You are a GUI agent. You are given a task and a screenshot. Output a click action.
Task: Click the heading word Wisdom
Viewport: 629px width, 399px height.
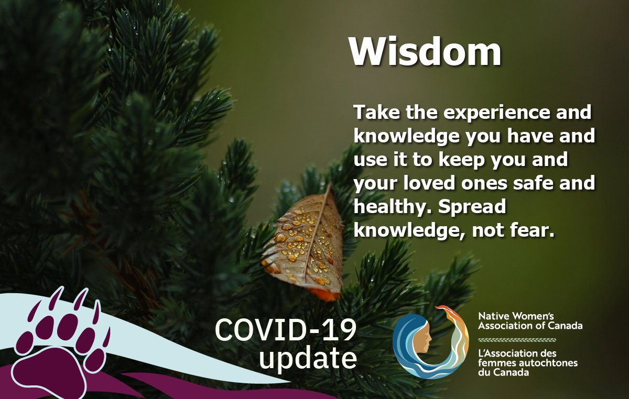point(425,52)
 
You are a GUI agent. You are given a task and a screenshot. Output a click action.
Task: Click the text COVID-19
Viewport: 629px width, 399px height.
point(286,331)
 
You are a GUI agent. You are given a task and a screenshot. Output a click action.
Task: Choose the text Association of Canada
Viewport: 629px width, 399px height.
point(530,326)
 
